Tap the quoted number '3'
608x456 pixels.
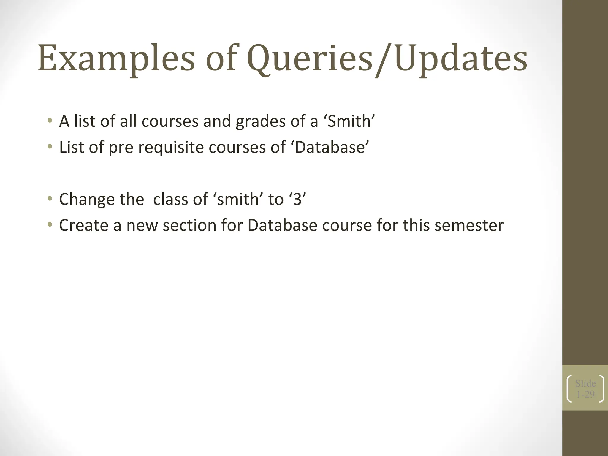pyautogui.click(x=297, y=199)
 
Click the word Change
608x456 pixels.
pyautogui.click(x=86, y=199)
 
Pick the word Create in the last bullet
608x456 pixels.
pyautogui.click(x=84, y=225)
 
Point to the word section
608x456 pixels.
pyautogui.click(x=190, y=225)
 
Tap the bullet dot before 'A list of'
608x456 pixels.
pyautogui.click(x=50, y=121)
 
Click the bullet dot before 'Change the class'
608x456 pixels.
pyautogui.click(x=50, y=198)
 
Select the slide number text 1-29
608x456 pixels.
pyautogui.click(x=585, y=394)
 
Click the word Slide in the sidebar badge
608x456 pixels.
pyautogui.click(x=585, y=383)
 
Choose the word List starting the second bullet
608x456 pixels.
pyautogui.click(x=71, y=147)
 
